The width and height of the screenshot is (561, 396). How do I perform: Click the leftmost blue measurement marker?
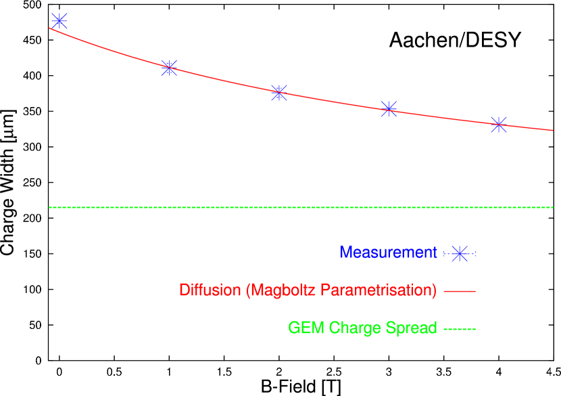59,21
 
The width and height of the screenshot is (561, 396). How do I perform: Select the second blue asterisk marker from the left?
169,68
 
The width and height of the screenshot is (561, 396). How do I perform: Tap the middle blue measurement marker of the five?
279,93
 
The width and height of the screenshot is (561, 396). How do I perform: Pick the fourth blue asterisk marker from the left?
389,108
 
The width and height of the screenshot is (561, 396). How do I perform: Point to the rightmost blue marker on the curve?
499,125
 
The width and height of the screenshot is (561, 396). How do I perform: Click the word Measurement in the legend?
388,252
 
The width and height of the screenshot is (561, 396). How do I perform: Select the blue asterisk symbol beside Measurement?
460,254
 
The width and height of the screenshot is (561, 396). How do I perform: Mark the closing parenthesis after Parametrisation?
434,290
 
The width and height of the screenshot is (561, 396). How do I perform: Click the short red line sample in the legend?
460,291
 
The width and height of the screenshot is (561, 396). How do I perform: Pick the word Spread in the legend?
412,328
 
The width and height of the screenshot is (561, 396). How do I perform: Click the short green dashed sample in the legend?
460,329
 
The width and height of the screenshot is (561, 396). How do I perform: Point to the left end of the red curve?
50,28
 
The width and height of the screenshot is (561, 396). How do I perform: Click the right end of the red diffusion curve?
552,130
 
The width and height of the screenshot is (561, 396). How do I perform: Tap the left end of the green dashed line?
50,207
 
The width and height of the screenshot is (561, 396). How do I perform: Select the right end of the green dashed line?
552,207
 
